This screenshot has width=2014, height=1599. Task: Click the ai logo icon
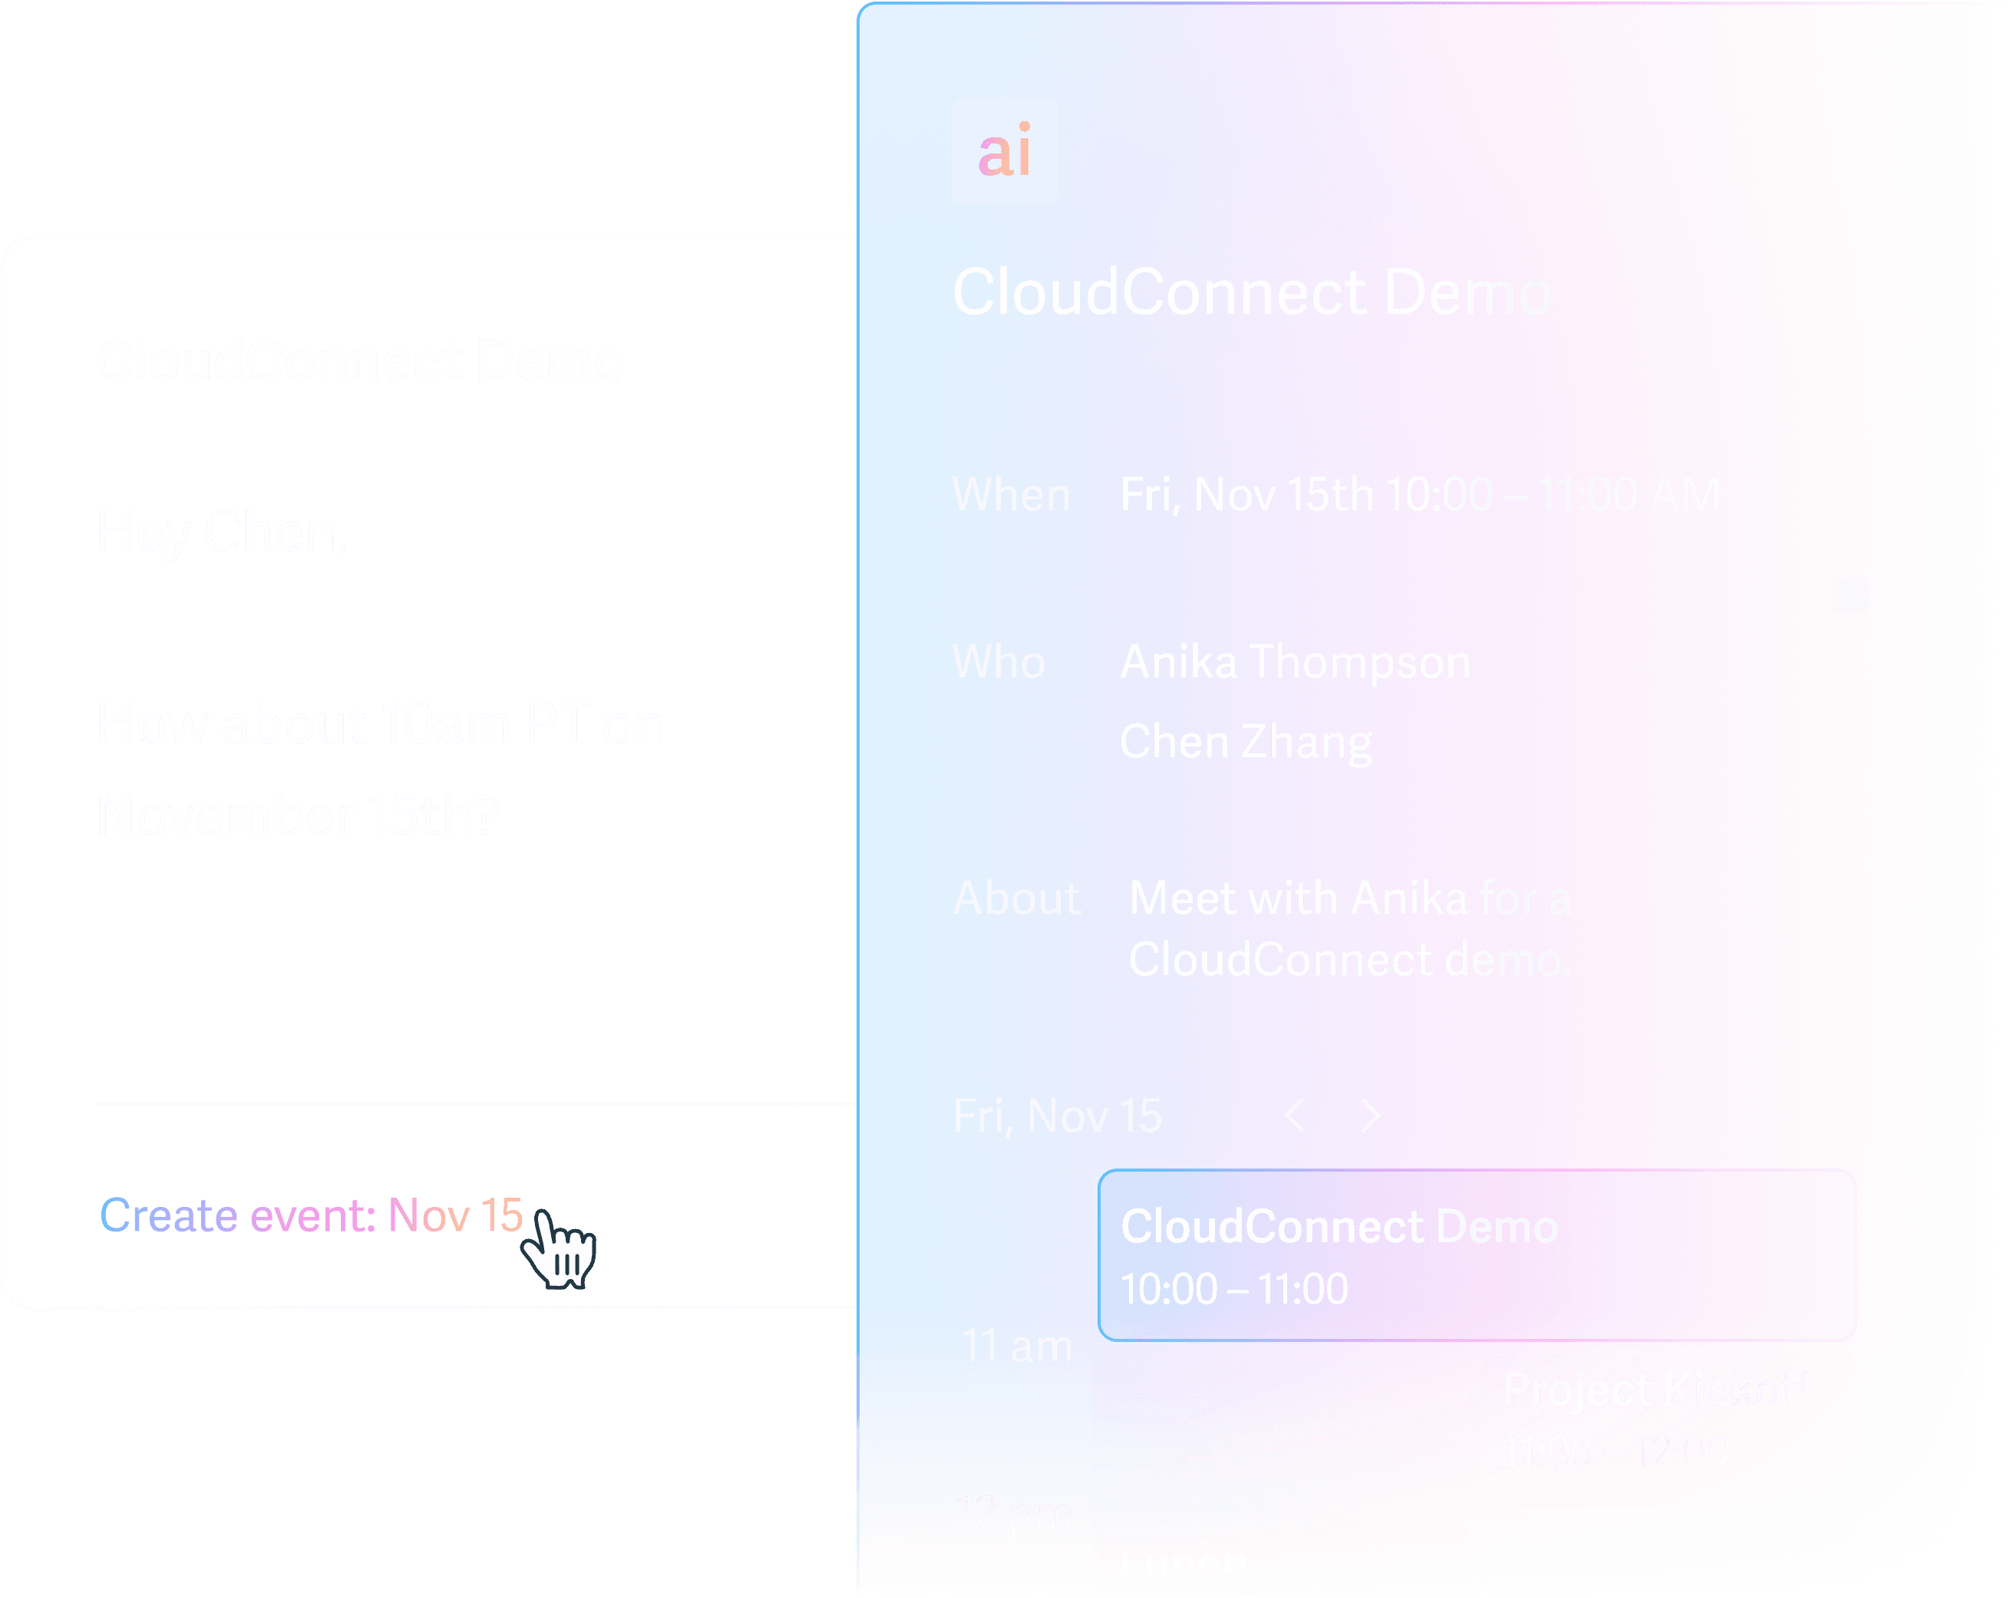[1004, 150]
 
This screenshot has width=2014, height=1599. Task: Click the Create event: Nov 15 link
[310, 1216]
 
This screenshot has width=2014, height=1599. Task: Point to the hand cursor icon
[560, 1249]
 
